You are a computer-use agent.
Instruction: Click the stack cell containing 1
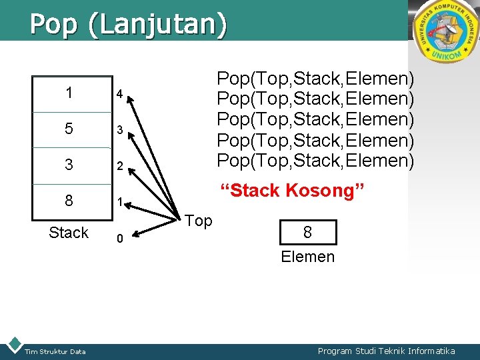click(x=69, y=93)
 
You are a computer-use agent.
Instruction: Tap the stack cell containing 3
click(x=69, y=165)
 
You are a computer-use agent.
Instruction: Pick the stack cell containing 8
click(x=69, y=201)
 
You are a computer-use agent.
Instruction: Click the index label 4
click(x=119, y=95)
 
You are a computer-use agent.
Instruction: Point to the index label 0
click(x=119, y=238)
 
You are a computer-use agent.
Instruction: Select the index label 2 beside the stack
click(x=119, y=166)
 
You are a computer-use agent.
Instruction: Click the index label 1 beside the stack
click(x=119, y=202)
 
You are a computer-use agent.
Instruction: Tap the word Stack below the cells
click(x=69, y=233)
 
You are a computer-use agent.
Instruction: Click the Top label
click(x=199, y=221)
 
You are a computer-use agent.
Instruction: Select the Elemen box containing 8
click(x=308, y=233)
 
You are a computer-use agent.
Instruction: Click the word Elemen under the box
click(x=308, y=257)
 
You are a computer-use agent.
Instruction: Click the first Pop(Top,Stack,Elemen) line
click(x=316, y=79)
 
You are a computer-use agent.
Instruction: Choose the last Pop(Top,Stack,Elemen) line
click(x=316, y=161)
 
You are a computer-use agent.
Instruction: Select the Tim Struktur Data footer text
click(x=55, y=351)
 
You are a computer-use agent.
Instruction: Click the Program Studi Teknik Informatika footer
click(x=387, y=351)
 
